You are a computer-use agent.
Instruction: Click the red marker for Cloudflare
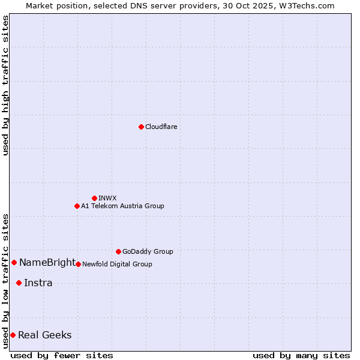[x=141, y=127]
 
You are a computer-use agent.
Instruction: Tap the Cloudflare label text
[x=161, y=127]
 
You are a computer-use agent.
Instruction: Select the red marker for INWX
[x=94, y=198]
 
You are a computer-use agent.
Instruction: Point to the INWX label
[x=107, y=198]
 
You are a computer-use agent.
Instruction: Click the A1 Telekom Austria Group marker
[x=77, y=206]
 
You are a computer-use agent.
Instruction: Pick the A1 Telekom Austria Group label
[x=122, y=206]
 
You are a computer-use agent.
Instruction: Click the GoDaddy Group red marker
[x=118, y=251]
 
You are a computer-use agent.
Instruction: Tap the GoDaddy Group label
[x=147, y=251]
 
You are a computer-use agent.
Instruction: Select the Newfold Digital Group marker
[x=78, y=264]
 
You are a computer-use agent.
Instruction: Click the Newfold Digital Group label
[x=117, y=264]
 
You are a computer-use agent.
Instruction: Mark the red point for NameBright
[x=14, y=262]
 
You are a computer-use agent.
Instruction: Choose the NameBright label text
[x=47, y=262]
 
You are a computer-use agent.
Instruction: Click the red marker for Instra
[x=19, y=283]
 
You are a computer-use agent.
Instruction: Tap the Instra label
[x=38, y=283]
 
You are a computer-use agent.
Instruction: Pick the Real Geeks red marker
[x=13, y=335]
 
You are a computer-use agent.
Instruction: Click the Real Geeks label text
[x=45, y=335]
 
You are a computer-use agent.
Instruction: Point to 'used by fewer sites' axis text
[x=62, y=355]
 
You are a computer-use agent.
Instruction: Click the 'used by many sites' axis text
[x=301, y=355]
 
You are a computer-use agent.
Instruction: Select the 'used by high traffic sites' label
[x=5, y=85]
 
